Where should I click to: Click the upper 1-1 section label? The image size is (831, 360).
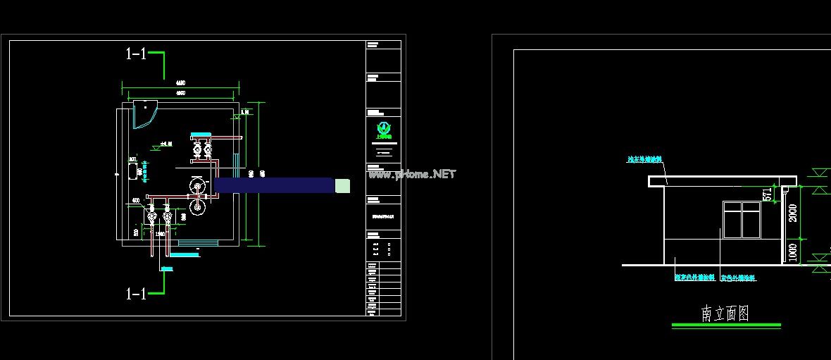[136, 54]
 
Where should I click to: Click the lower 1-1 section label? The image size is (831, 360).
[136, 294]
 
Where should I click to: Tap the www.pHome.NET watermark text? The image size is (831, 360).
[412, 174]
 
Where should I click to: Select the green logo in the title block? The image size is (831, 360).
[384, 130]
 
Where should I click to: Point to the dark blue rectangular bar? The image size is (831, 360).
[274, 185]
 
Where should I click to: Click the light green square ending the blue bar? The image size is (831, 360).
[342, 185]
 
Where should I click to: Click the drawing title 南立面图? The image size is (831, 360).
[725, 314]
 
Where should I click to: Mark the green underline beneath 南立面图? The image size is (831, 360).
[726, 325]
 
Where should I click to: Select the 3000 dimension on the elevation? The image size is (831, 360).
[793, 213]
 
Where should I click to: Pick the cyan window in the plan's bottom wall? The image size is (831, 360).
[198, 244]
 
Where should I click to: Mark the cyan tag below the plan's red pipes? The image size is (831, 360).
[167, 268]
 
